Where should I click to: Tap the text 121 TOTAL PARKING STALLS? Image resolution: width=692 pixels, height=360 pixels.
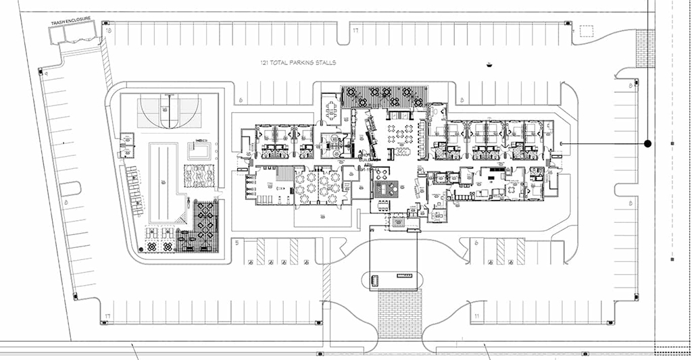point(298,63)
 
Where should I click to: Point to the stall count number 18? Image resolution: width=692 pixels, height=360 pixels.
point(108,31)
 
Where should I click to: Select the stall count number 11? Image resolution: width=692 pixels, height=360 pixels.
point(476,316)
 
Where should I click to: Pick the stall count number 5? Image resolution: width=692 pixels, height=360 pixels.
point(237,241)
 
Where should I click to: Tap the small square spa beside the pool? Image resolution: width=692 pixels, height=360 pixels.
point(198,149)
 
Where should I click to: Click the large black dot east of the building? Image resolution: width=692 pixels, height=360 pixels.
point(647,144)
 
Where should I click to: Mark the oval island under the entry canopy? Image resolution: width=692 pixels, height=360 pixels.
point(393,279)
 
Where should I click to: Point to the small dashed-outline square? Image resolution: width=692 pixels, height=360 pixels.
point(586,31)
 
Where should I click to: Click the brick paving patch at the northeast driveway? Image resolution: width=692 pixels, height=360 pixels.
point(645,49)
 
